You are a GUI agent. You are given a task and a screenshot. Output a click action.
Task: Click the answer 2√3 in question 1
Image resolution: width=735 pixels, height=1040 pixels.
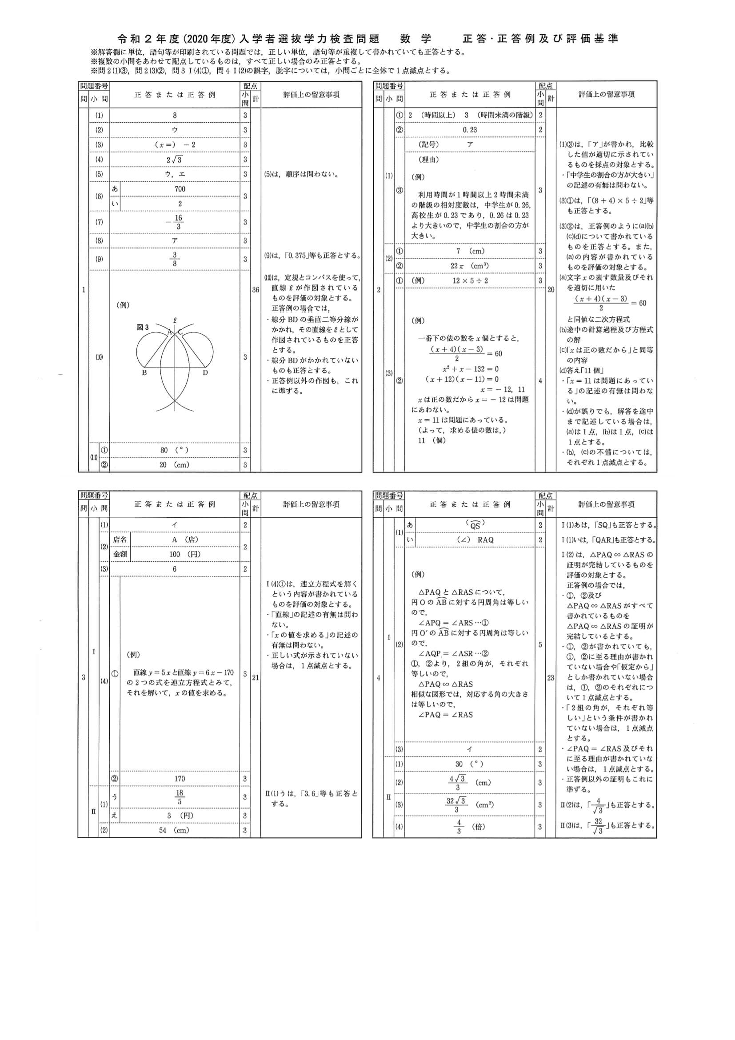coord(175,160)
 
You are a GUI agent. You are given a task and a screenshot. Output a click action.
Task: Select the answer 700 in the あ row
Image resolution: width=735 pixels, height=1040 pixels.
coord(180,189)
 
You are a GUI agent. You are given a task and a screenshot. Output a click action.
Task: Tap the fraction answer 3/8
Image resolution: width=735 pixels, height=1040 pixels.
coord(175,259)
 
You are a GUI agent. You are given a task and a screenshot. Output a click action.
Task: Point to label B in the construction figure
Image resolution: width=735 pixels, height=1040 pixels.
coord(144,373)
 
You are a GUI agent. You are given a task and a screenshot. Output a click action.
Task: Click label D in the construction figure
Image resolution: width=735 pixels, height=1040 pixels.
coord(205,373)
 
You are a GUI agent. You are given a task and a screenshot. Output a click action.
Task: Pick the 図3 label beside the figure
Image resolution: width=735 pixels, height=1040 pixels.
coord(143,327)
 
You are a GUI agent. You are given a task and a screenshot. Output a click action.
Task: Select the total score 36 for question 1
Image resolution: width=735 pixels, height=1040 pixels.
coord(256,290)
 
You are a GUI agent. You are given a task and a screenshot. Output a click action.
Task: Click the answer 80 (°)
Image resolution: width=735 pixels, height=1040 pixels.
coord(174,450)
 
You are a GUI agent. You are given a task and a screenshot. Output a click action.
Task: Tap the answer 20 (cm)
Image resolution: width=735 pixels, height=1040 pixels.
coord(174,465)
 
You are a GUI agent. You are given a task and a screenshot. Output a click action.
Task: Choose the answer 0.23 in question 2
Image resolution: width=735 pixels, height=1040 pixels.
coord(470,130)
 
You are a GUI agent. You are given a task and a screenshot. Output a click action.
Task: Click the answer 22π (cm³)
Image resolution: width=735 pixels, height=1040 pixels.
coord(470,266)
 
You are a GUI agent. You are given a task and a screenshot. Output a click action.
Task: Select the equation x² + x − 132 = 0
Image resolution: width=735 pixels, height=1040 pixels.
coord(471,369)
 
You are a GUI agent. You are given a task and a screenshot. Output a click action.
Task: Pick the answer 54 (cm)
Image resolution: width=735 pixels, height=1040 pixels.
coord(174,830)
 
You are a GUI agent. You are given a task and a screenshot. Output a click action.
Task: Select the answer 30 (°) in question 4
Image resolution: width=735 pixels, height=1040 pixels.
coord(470,764)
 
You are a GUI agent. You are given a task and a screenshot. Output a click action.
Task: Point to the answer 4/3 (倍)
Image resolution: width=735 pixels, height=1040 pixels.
coord(470,827)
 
